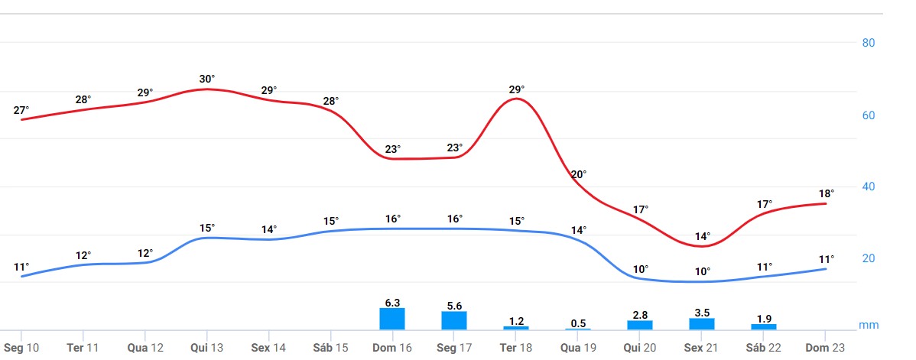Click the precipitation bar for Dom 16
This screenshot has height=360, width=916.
[392, 319]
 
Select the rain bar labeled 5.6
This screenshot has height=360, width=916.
[454, 320]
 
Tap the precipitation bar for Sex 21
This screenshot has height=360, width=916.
[702, 324]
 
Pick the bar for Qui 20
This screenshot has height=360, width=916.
[640, 325]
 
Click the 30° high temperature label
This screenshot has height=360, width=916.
[207, 79]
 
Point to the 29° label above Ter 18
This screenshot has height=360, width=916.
[517, 89]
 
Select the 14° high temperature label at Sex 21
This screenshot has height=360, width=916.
[703, 236]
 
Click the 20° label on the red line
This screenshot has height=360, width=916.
[579, 174]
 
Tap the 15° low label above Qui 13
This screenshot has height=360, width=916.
[207, 228]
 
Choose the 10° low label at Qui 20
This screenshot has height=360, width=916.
[641, 269]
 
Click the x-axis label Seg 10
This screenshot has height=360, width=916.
[21, 348]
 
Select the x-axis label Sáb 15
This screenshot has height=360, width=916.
[330, 348]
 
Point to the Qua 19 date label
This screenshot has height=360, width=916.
[578, 348]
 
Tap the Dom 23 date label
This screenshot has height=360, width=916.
[826, 348]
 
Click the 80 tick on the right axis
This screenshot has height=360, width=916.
[869, 43]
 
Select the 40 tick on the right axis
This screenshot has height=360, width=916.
[869, 186]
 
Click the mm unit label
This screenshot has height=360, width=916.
[869, 325]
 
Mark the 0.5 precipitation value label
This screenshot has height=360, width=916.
[578, 323]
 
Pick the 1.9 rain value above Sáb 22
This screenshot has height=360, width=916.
[764, 319]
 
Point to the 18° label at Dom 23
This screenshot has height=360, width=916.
[827, 193]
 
